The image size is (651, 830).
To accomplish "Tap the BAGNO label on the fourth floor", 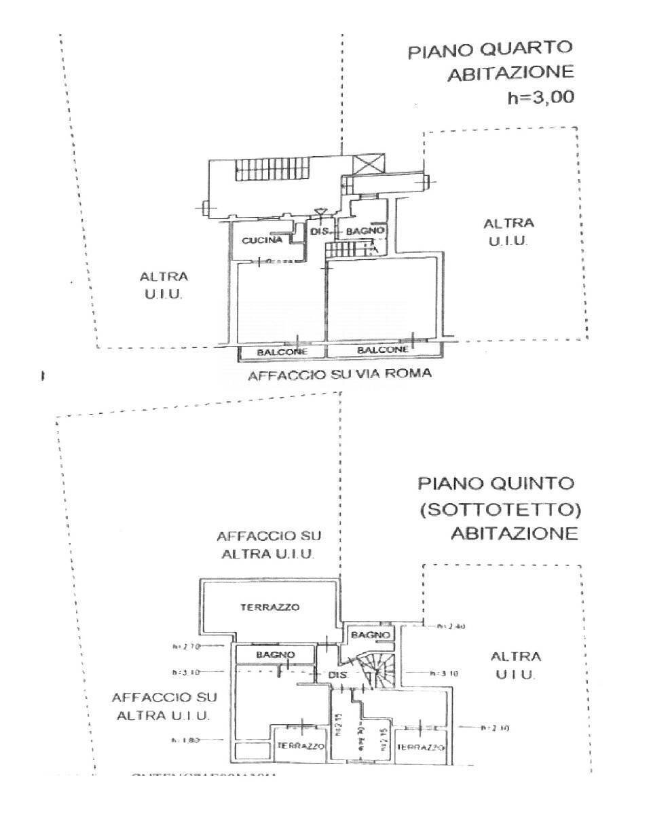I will tap(366, 231).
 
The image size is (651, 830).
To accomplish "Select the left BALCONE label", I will tap(282, 352).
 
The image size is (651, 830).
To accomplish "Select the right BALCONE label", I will tap(383, 350).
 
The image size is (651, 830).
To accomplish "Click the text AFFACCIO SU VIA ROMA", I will tap(339, 374).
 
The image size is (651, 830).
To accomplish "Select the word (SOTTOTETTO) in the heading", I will tap(500, 509).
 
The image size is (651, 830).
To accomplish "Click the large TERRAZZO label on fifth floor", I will tap(269, 607).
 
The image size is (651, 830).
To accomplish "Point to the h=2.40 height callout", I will tap(451, 626).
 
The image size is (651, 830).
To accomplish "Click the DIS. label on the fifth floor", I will tap(339, 675).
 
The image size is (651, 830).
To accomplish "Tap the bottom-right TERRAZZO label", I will tap(420, 747).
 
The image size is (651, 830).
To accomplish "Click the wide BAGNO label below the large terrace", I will tap(275, 655).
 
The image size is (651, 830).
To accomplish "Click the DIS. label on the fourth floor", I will tap(320, 231).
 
